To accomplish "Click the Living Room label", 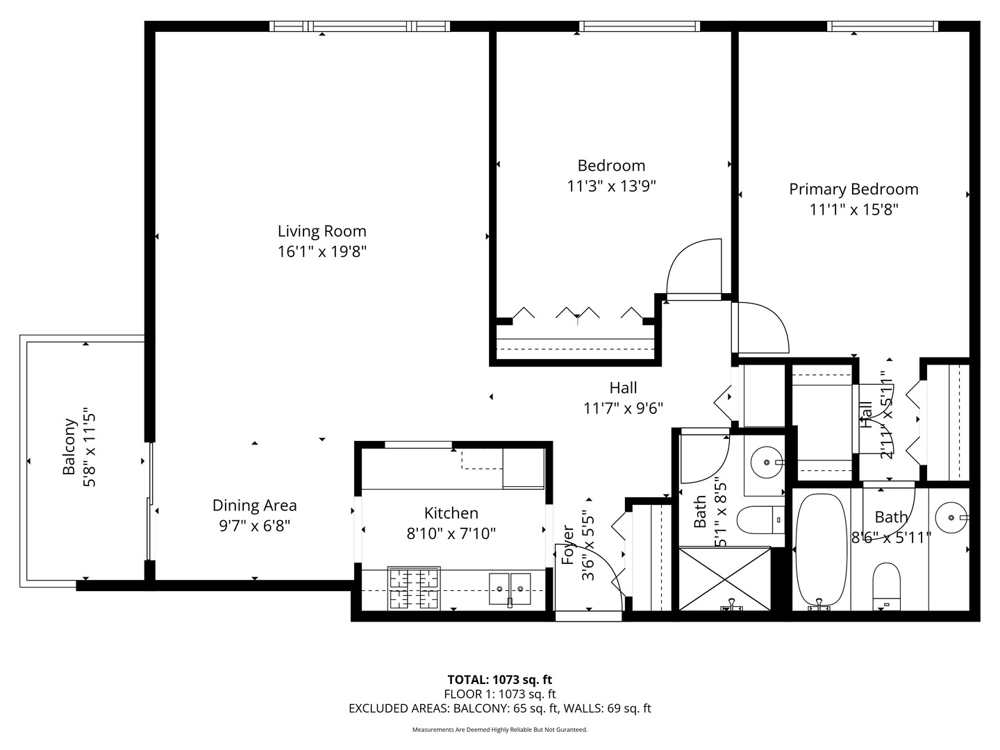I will pos(322,231).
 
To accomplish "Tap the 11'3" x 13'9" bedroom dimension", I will pos(611,186).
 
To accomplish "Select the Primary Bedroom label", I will pos(853,189).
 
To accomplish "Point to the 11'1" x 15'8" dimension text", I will pos(853,210).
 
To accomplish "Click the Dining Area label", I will pos(254,506).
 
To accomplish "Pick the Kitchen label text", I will pos(451,513).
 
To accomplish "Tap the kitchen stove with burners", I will pos(414,588).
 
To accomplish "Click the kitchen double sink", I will pos(510,589).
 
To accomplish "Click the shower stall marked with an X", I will pos(724,578).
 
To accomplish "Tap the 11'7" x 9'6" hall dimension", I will pos(623,408).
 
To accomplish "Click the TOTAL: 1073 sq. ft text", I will pos(499,680).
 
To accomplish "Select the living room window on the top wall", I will pos(360,26).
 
